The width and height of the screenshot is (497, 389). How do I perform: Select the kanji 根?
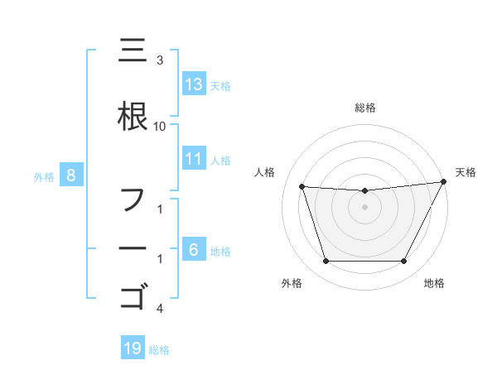(x=133, y=117)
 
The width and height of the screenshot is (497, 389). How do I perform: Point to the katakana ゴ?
(x=133, y=295)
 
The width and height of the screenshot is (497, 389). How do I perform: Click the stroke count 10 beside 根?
(x=160, y=126)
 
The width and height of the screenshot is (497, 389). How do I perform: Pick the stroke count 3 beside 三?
(x=160, y=60)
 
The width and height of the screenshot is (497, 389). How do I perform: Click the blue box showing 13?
(x=194, y=84)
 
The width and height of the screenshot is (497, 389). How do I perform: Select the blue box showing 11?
(x=194, y=159)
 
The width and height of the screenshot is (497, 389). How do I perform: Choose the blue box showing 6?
(x=194, y=250)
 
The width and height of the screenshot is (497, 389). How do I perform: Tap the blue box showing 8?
(x=71, y=175)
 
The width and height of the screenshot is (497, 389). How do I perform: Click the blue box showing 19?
(x=133, y=348)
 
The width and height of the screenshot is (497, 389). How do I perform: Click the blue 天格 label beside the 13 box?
(x=220, y=86)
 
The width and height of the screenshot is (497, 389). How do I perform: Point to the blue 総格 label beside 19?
(x=159, y=350)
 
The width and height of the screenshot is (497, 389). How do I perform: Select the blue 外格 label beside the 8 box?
(x=44, y=176)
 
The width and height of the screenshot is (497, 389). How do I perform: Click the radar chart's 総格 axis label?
(x=364, y=108)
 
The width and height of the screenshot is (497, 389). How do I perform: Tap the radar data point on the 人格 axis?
(x=302, y=186)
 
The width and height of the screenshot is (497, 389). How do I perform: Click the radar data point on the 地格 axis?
(x=404, y=262)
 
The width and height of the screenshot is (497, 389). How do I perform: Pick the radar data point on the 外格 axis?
(x=326, y=262)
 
